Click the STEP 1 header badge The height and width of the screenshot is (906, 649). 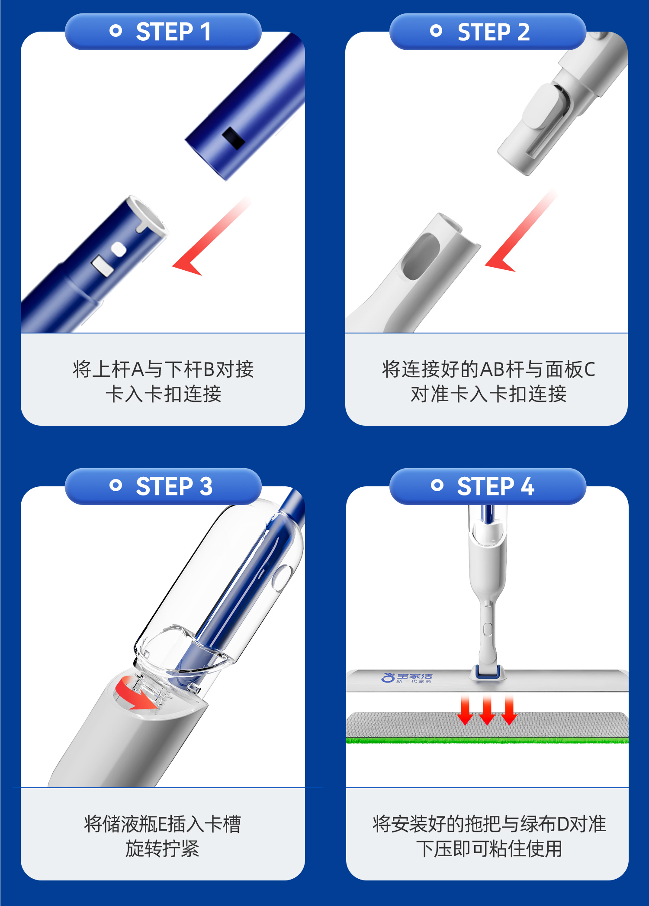click(163, 32)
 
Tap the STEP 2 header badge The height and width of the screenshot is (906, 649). click(488, 32)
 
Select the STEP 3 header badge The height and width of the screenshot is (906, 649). click(163, 486)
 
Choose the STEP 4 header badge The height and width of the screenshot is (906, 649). click(488, 486)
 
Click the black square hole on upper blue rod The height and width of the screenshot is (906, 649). click(234, 138)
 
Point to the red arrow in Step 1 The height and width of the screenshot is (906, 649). click(211, 236)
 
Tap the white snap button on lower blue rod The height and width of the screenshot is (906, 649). click(118, 249)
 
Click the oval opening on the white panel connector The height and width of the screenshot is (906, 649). click(421, 256)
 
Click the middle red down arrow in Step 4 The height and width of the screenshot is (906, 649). click(487, 710)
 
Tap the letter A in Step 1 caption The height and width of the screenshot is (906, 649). click(138, 369)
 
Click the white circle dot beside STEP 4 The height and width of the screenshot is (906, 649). click(437, 485)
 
